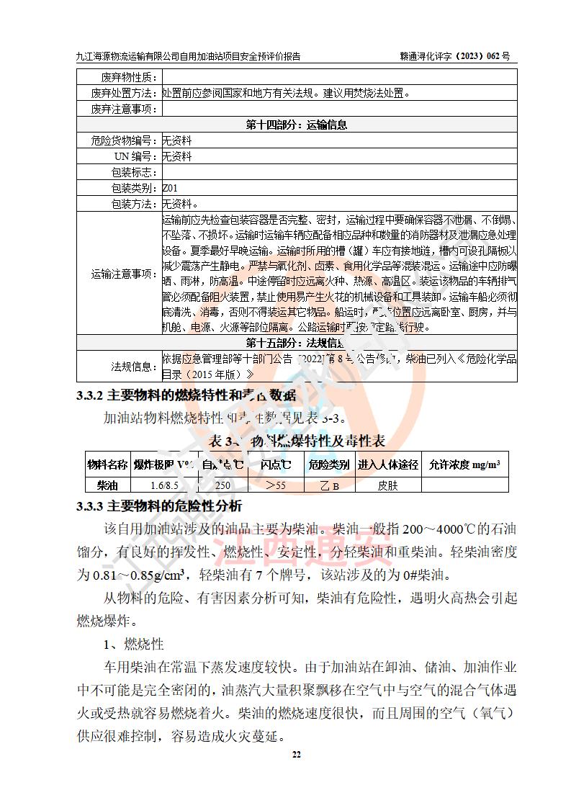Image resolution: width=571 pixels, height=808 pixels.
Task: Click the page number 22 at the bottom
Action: coord(295,754)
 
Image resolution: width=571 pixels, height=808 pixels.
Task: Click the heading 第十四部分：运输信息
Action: coord(297,125)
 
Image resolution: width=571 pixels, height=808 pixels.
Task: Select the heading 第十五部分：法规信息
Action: coord(297,342)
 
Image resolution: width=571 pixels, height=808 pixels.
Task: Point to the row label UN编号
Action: coord(136,156)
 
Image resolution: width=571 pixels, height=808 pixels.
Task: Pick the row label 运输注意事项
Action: coord(124,274)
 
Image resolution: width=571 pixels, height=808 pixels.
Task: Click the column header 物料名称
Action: coord(107,464)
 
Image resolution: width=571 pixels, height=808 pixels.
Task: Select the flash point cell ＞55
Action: coord(275,485)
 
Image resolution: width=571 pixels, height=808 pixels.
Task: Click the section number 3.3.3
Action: coord(91,506)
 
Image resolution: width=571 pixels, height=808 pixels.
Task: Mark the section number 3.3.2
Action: coord(91,395)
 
